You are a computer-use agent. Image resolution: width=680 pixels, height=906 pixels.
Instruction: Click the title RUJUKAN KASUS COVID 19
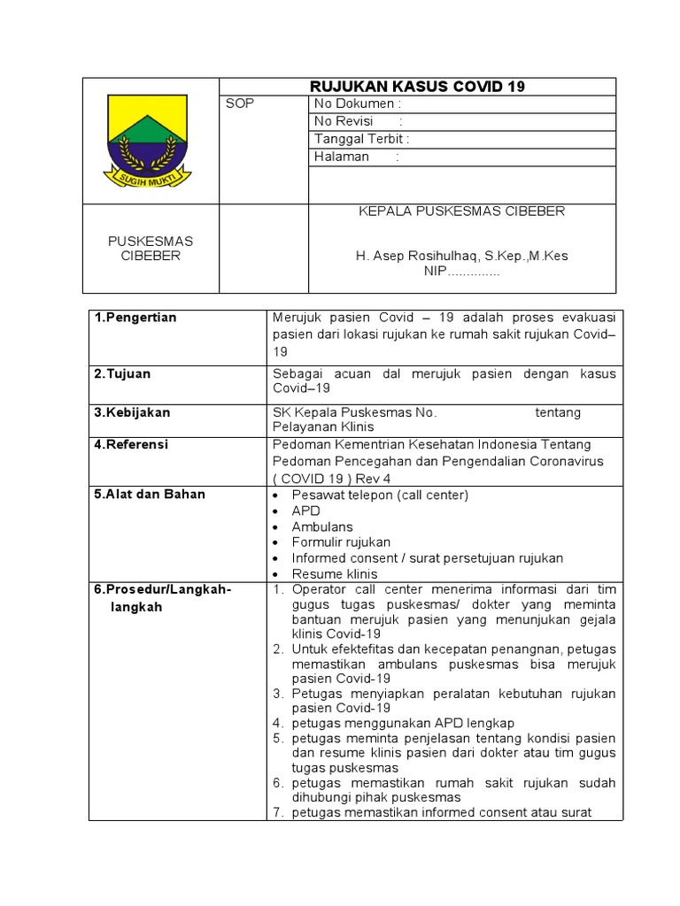click(417, 87)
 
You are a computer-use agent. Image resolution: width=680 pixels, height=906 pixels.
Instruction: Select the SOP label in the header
click(240, 104)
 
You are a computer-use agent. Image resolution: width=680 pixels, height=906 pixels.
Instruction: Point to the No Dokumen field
click(358, 104)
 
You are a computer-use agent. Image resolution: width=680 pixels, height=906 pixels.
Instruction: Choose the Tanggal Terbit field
click(361, 139)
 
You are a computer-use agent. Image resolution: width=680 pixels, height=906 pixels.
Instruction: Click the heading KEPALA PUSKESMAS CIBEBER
click(461, 211)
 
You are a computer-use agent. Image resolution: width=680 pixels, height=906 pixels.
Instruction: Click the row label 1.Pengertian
click(135, 319)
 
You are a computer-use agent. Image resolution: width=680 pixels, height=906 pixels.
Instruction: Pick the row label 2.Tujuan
click(123, 374)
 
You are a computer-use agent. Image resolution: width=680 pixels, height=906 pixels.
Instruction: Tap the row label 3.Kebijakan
click(133, 412)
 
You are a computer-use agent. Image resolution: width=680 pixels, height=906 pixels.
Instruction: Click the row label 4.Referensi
click(131, 445)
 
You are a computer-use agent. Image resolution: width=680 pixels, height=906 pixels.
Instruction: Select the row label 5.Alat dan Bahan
click(150, 495)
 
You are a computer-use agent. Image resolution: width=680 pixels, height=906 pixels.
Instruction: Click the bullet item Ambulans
click(322, 526)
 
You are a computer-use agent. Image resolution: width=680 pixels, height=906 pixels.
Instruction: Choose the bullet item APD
click(306, 511)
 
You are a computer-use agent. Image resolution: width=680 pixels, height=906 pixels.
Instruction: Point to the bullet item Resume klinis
click(335, 574)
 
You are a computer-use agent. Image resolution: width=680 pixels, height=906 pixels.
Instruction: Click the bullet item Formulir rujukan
click(341, 542)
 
